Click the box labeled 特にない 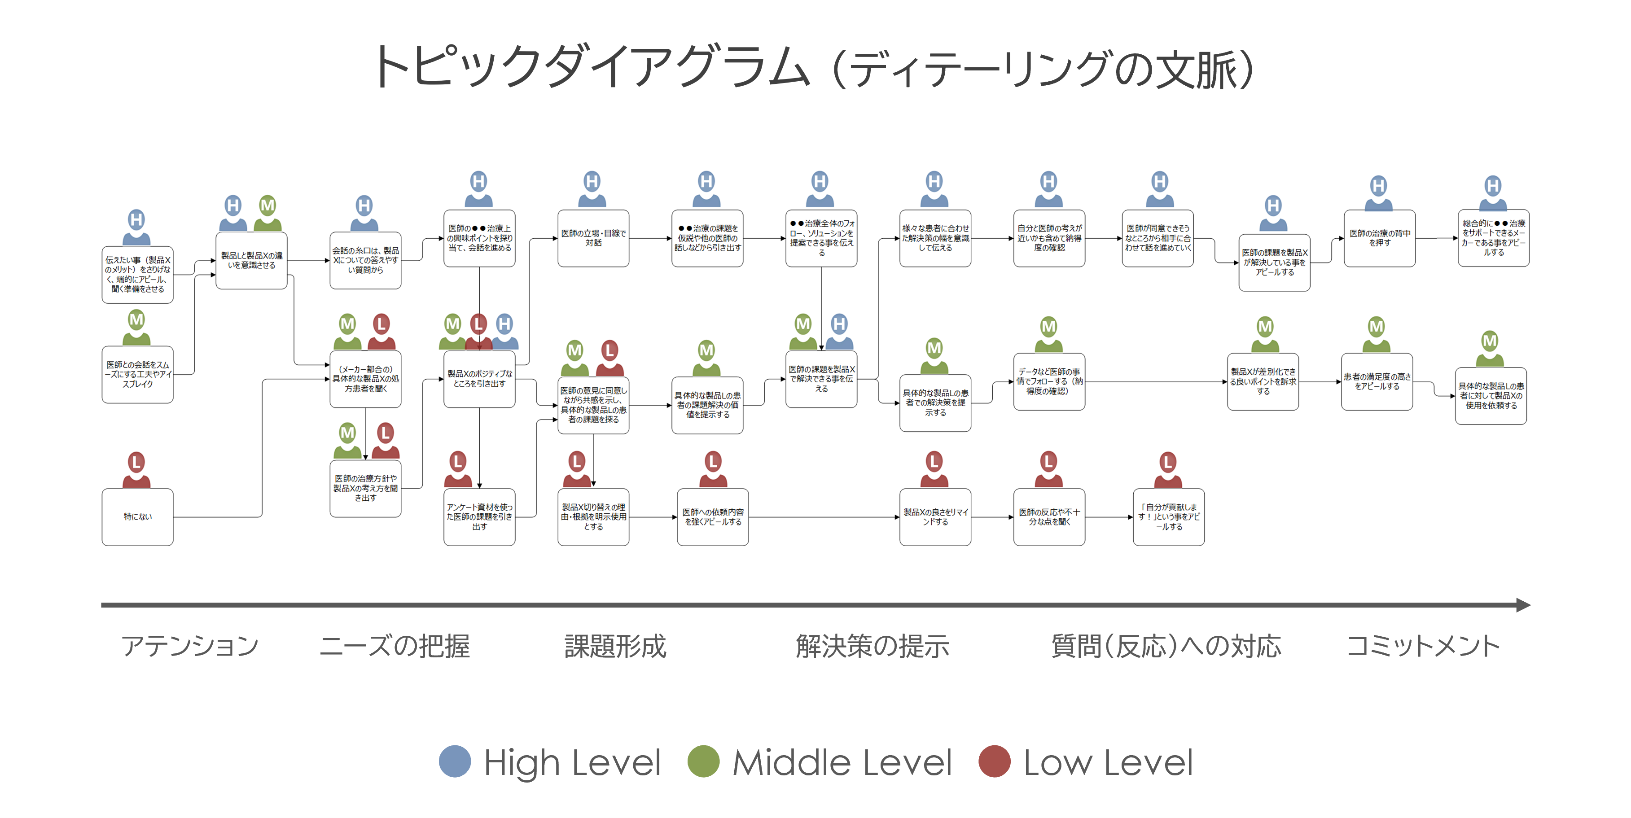pos(137,516)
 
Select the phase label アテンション pos(190,646)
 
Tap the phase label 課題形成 pos(615,646)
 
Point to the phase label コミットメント pos(1423,646)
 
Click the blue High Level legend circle pos(455,761)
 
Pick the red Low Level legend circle pos(994,761)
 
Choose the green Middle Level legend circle pos(703,761)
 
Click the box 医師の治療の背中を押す pos(1380,238)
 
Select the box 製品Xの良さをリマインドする pos(935,516)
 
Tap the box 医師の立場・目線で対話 pos(593,238)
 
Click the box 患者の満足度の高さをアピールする pos(1377,382)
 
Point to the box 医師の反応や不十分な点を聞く pos(1049,516)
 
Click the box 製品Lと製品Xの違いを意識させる pos(251,260)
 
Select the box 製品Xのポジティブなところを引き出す pos(479,379)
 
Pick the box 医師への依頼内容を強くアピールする pos(713,516)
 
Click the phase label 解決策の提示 pos(872,646)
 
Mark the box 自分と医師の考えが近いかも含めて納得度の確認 pos(1049,238)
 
